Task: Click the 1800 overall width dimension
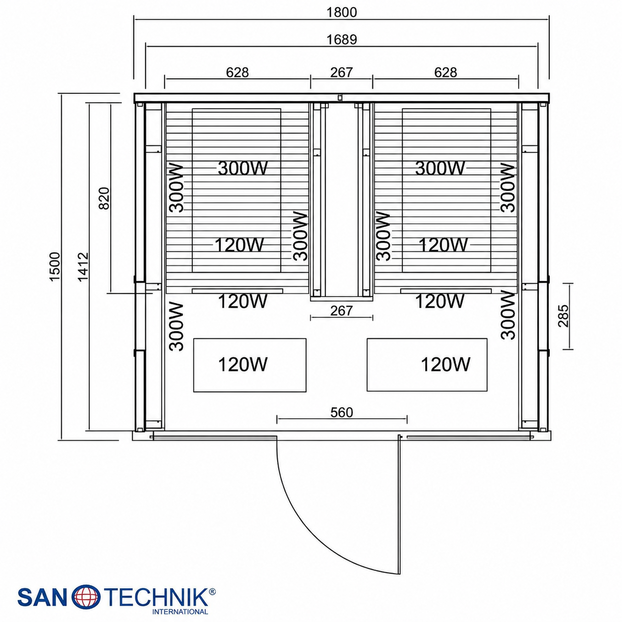(341, 12)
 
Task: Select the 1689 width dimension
(341, 39)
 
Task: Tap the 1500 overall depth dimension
(55, 267)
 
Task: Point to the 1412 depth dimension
(83, 267)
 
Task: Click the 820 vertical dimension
(104, 198)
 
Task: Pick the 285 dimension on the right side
(563, 315)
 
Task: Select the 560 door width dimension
(341, 412)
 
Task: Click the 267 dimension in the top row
(341, 72)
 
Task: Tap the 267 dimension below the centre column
(341, 311)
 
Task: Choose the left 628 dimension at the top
(237, 72)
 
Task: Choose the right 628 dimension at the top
(445, 72)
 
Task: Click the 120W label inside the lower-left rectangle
(243, 364)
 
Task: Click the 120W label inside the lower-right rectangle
(445, 364)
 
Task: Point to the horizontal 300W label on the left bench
(243, 168)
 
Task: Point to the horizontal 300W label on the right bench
(440, 168)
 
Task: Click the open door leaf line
(400, 504)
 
